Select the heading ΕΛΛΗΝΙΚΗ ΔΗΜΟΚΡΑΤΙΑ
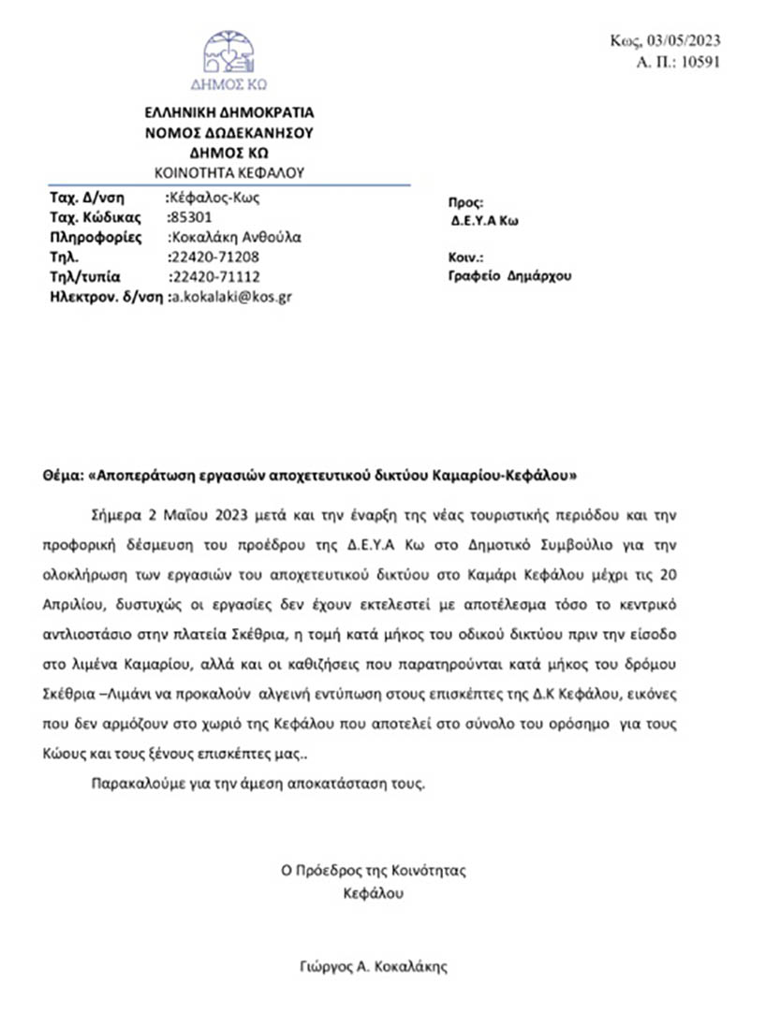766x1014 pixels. (228, 113)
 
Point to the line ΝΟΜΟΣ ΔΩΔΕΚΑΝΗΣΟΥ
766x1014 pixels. (228, 133)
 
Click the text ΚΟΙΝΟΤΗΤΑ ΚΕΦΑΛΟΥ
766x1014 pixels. (228, 172)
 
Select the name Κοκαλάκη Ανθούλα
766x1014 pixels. (234, 237)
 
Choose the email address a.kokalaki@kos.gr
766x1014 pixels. (228, 297)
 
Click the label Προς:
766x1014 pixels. (465, 201)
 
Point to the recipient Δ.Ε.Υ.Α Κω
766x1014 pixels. (484, 222)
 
